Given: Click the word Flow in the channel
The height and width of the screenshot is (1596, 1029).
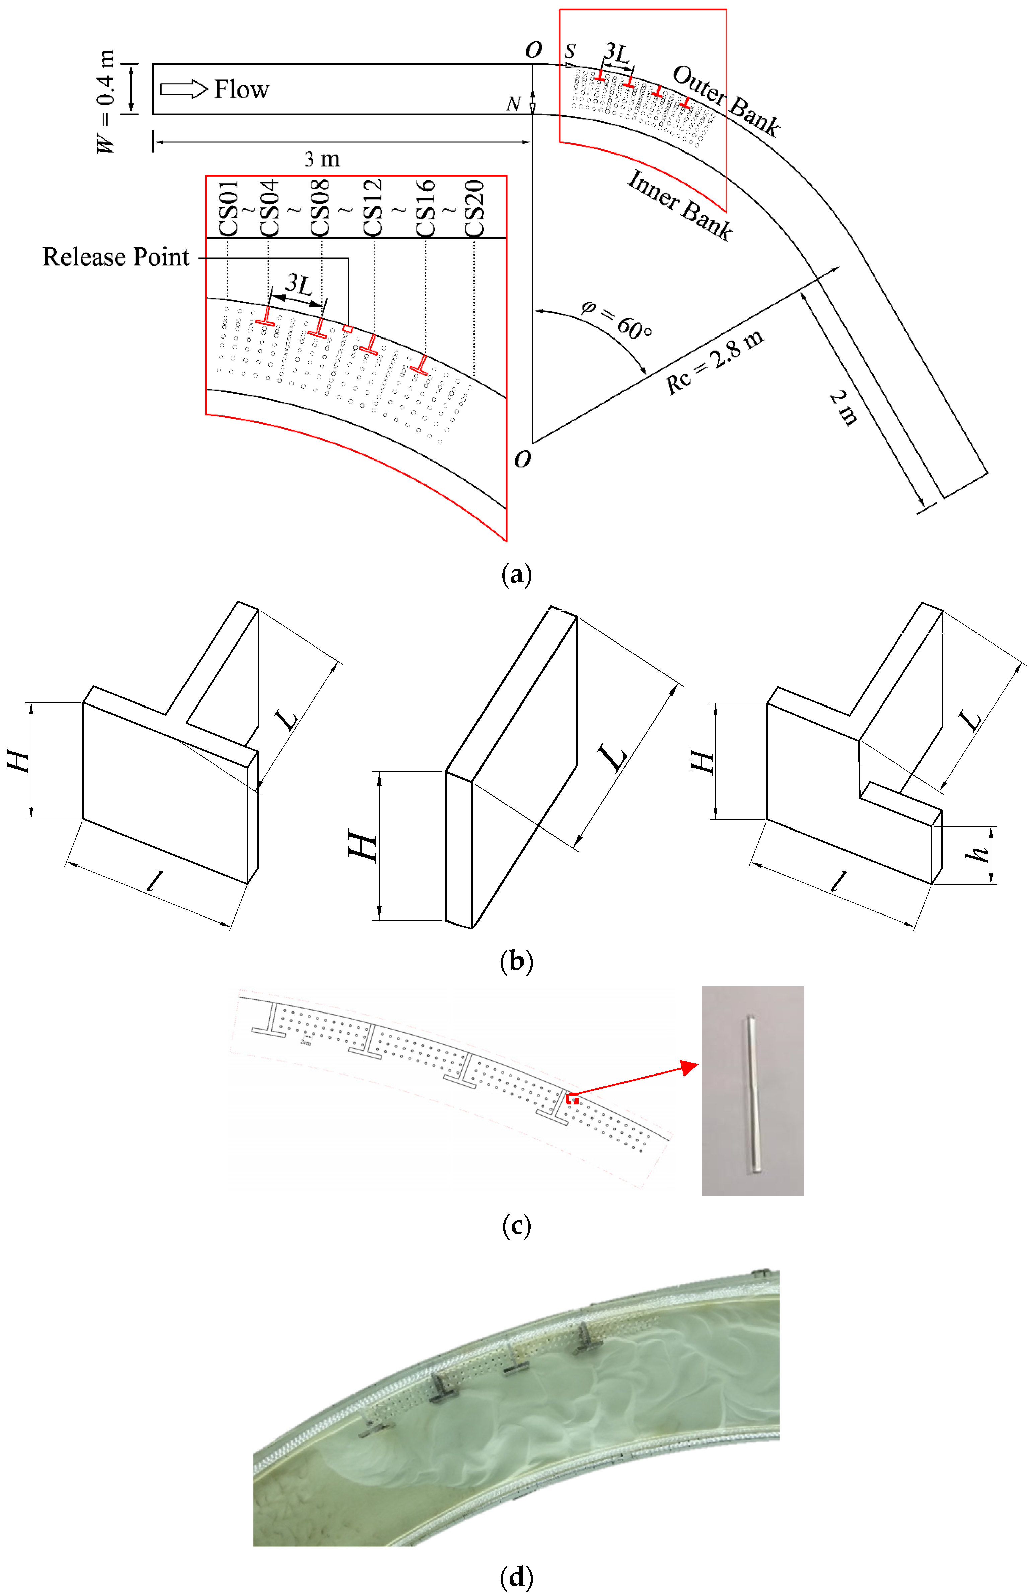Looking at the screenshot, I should (x=241, y=89).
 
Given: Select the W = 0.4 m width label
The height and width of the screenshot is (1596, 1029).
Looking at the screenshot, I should (x=105, y=102).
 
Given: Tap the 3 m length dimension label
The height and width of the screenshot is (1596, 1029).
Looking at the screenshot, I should (x=322, y=159).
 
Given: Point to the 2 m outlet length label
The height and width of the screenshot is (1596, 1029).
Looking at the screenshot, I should (x=844, y=408).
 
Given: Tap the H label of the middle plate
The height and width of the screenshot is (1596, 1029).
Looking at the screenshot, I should (x=363, y=847).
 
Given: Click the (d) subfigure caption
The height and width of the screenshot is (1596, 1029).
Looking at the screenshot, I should (x=516, y=1576).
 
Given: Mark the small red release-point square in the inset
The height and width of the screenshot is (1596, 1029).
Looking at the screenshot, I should (x=348, y=328).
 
